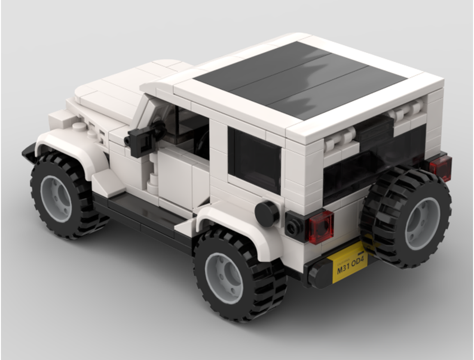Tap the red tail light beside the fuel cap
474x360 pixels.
tap(321, 226)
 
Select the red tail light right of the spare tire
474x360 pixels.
tap(441, 168)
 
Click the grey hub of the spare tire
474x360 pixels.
tap(422, 223)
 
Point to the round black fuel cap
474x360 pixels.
tap(267, 214)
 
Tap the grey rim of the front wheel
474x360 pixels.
tap(56, 198)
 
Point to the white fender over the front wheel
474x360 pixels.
tap(76, 144)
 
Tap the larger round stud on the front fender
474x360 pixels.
tap(79, 126)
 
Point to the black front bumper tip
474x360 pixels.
tap(28, 153)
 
